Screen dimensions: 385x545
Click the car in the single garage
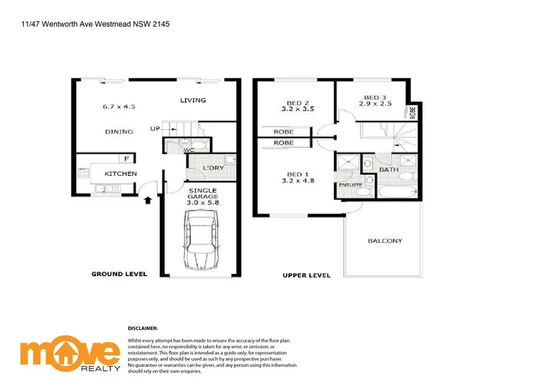point(200,241)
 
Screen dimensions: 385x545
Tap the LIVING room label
point(193,101)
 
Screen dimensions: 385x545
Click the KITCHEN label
point(121,174)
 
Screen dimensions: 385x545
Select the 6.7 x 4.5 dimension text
point(120,106)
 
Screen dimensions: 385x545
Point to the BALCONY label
point(385,241)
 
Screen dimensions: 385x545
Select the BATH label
point(389,170)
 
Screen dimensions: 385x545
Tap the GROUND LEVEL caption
point(119,275)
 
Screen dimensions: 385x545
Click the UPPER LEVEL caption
point(307,275)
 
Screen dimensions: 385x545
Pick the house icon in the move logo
point(69,352)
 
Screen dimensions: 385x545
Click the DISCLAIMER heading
point(142,328)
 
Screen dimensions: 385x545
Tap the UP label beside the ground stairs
point(156,128)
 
